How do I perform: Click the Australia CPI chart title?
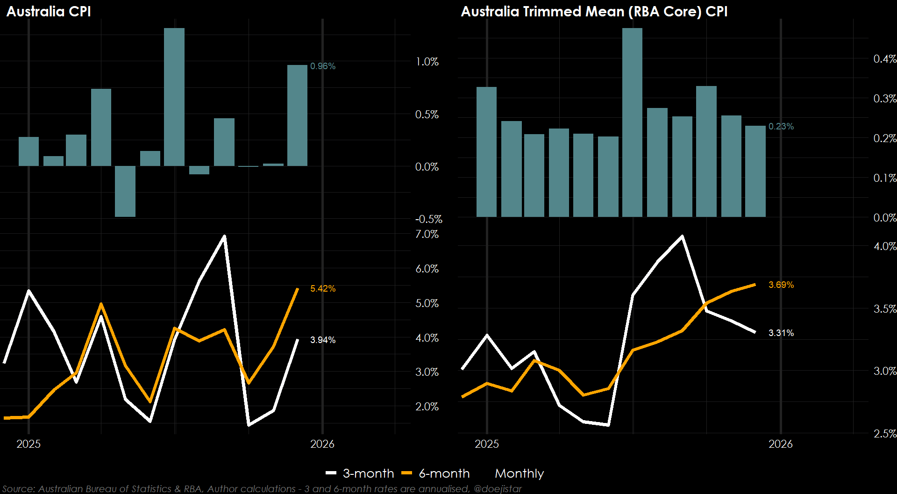point(49,11)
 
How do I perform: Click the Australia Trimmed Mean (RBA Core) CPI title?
point(594,11)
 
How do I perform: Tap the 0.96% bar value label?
point(323,66)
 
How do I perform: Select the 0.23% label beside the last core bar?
point(781,127)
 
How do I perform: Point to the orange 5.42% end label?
point(323,289)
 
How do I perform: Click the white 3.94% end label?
point(323,340)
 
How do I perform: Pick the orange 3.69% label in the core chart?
point(781,285)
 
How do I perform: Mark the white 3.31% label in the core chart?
point(781,333)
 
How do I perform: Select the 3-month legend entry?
point(360,473)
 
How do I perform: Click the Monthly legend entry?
point(519,473)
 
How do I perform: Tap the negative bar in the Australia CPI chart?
point(125,191)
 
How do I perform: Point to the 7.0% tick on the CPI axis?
point(427,235)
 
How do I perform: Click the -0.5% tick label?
point(428,220)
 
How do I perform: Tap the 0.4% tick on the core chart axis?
point(885,59)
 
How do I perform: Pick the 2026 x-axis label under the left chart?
point(322,444)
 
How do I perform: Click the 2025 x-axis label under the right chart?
point(487,444)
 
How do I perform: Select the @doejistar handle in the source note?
point(498,489)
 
